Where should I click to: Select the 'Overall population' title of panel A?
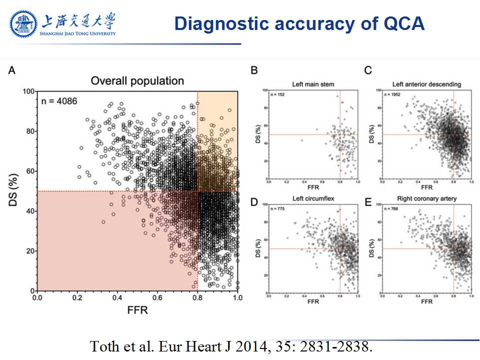(x=137, y=81)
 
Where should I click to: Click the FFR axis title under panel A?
(x=137, y=310)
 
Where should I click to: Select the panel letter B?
(x=254, y=70)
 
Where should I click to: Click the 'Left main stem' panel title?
(x=313, y=84)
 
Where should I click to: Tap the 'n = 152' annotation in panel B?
(x=277, y=93)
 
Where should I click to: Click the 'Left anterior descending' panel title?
(x=426, y=84)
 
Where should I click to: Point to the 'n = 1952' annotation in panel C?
(x=392, y=93)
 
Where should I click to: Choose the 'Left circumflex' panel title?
(x=313, y=199)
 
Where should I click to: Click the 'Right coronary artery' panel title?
(x=426, y=199)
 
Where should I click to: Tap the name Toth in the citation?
(x=103, y=346)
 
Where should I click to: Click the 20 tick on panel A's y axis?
(x=30, y=251)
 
